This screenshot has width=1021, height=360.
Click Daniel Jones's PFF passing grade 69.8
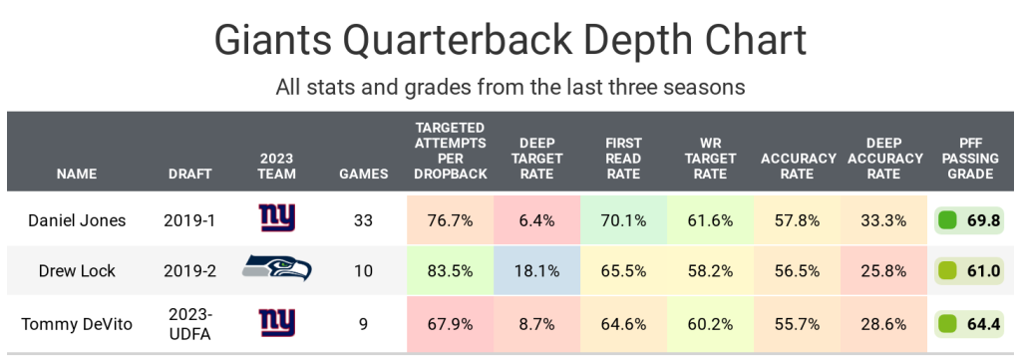tap(983, 220)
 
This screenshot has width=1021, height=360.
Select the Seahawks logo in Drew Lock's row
tap(277, 269)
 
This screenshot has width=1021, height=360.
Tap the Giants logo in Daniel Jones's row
tap(277, 218)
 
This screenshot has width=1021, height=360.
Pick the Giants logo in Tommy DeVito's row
tap(277, 322)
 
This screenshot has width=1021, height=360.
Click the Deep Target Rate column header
tap(536, 159)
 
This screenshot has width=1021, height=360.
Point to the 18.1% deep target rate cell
tap(536, 271)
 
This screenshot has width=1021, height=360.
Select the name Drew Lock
tap(77, 271)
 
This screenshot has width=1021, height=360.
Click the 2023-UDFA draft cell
tap(190, 322)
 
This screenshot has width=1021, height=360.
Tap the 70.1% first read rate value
tap(623, 220)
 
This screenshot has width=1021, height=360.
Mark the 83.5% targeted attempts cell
tap(450, 271)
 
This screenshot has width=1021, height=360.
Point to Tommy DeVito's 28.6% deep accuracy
tap(883, 323)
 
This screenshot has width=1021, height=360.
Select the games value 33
tap(363, 220)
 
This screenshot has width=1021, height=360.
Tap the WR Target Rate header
tap(710, 159)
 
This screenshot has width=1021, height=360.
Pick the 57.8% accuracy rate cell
tap(797, 220)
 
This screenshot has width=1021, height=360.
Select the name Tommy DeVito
tap(77, 323)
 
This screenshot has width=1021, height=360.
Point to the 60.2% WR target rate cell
tap(710, 323)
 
